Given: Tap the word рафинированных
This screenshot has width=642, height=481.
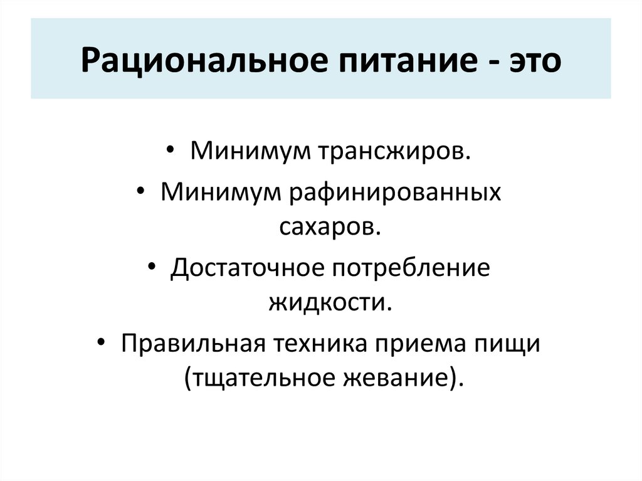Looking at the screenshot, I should (x=395, y=191).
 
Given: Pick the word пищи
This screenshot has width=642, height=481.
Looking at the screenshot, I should (x=512, y=344).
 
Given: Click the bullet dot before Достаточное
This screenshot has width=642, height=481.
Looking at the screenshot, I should (x=154, y=267).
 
